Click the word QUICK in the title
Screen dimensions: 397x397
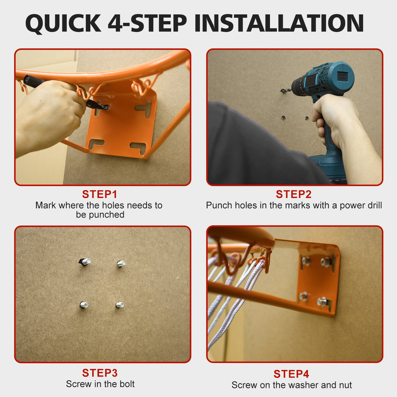coord(63,23)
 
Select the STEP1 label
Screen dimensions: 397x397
coord(100,195)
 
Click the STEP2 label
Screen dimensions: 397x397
coord(294,195)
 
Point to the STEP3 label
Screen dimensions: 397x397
coord(100,373)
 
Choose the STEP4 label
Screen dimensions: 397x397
coord(292,374)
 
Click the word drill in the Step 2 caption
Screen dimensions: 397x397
coord(375,205)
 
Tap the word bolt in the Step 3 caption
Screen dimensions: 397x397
coord(126,384)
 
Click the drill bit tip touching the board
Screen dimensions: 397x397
coord(281,91)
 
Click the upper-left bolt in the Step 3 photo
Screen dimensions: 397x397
coord(85,261)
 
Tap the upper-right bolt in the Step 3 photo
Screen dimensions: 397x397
coord(121,263)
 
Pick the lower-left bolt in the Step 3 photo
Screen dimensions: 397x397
coord(84,305)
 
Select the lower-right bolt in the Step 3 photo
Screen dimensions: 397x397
coord(120,305)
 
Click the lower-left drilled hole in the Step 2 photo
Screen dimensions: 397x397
coord(283,118)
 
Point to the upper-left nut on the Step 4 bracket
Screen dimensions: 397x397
coord(306,261)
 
